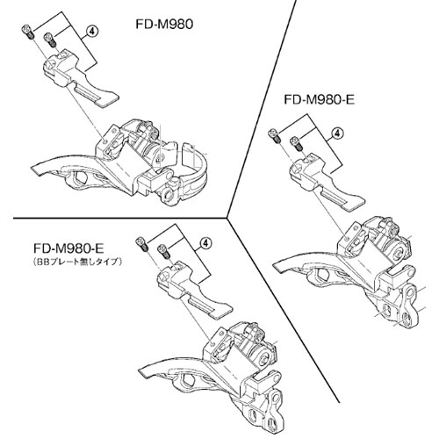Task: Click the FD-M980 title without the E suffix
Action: pos(164,25)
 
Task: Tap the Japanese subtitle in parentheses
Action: pos(77,262)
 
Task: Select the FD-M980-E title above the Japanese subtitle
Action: pos(68,248)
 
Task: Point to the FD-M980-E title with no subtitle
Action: pos(320,100)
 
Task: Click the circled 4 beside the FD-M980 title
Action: pos(91,32)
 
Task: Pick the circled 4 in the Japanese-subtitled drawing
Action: pos(205,243)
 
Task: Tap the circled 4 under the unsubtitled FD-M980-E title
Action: pos(337,133)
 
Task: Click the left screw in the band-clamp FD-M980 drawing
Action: pos(28,32)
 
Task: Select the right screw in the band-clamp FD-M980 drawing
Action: pos(50,40)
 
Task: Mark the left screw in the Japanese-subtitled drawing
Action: pos(142,244)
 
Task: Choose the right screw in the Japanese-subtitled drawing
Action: pos(164,251)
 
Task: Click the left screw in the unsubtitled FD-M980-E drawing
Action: pos(275,136)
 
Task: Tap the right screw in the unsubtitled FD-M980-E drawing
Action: pos(297,143)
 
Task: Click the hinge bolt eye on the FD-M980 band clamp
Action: pos(169,196)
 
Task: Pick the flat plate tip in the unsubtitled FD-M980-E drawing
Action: pos(354,204)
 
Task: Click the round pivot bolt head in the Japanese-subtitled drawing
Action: pos(265,358)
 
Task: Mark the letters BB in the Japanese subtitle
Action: pos(41,262)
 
